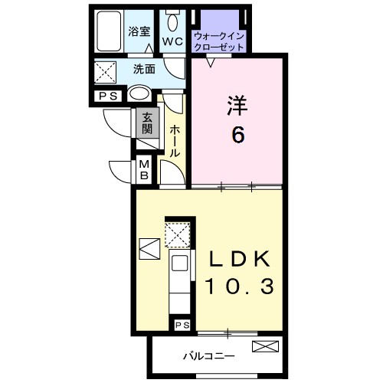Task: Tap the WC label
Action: click(x=171, y=42)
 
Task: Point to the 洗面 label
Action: click(x=143, y=68)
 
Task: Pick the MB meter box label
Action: click(x=144, y=169)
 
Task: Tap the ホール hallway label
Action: click(x=175, y=141)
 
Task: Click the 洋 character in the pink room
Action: click(x=236, y=106)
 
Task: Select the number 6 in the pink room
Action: click(x=237, y=136)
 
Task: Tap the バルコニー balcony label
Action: click(x=208, y=355)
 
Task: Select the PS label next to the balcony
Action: click(x=182, y=326)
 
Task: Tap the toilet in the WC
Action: click(x=171, y=21)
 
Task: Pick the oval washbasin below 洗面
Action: click(x=139, y=93)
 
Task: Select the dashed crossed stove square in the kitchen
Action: click(x=178, y=235)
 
